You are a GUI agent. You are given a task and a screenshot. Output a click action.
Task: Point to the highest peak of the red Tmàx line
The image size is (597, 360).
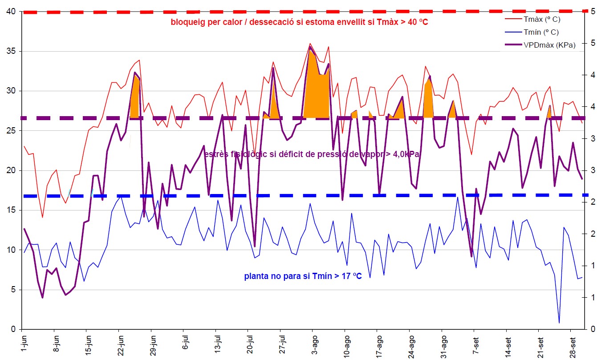click(x=310, y=44)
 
